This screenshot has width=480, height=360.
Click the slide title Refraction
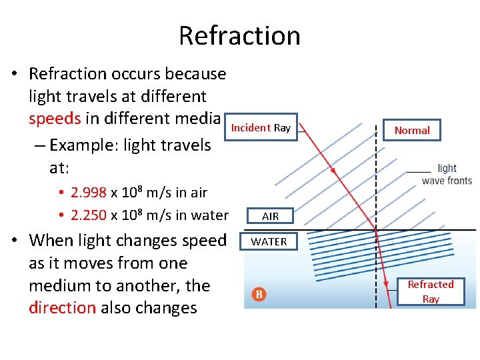click(x=239, y=35)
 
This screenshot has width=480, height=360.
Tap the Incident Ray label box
click(x=261, y=127)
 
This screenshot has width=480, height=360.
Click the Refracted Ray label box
click(x=430, y=291)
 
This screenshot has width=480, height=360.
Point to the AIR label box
click(x=270, y=216)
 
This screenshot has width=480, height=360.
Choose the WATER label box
click(x=269, y=241)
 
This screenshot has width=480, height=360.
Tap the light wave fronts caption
click(x=447, y=175)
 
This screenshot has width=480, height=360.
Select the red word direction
click(x=63, y=308)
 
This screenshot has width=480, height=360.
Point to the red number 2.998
click(x=89, y=193)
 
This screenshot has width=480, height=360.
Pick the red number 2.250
click(x=89, y=215)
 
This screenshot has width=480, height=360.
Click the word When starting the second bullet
click(x=51, y=240)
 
